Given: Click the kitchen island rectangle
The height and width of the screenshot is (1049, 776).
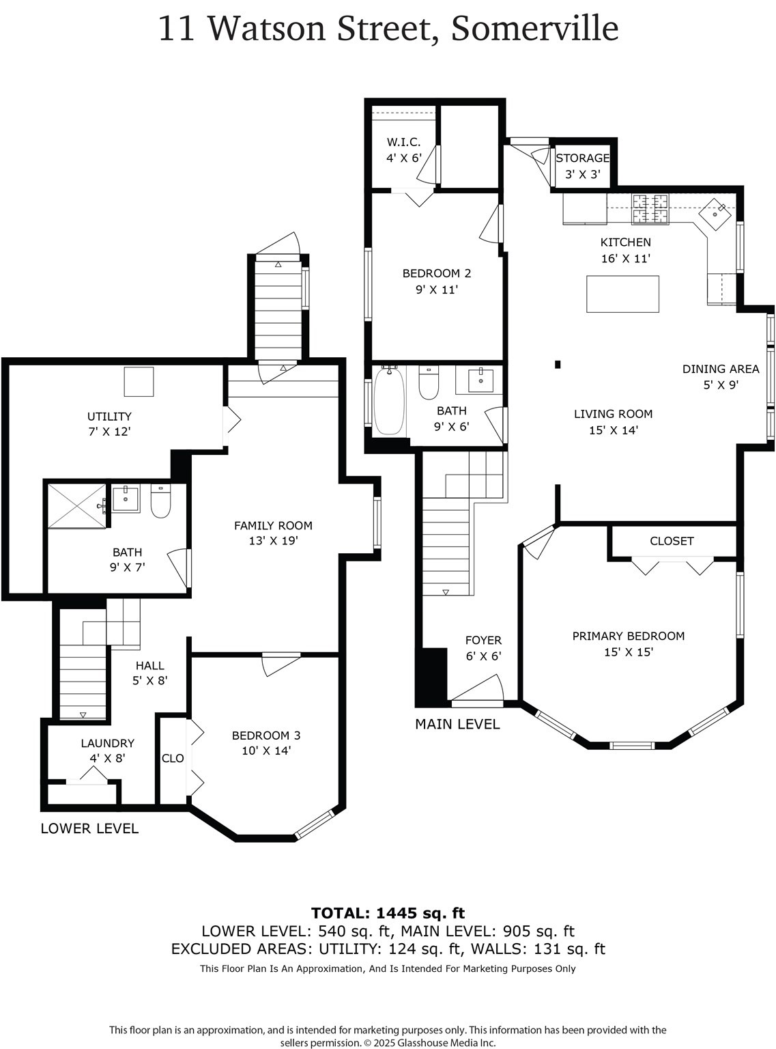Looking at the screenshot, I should [622, 294].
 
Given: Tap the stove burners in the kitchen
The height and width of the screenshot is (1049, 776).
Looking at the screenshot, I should [650, 209].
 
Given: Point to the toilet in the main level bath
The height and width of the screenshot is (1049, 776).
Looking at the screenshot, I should [429, 384].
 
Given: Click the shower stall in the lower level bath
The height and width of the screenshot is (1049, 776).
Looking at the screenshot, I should [76, 505].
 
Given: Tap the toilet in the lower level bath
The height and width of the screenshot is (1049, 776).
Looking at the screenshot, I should [160, 501].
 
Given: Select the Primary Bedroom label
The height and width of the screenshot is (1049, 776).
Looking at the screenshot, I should [628, 643].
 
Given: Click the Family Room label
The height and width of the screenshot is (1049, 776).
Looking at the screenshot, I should [273, 533].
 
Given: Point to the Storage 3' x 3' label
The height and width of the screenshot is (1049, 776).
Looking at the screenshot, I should [582, 166].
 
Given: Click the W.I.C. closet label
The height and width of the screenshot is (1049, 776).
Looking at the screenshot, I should [403, 150].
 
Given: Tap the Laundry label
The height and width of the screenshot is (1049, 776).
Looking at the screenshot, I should [108, 750].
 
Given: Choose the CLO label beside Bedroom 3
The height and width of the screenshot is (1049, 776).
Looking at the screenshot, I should [173, 758].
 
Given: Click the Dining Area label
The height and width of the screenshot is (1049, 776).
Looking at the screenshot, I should [721, 376].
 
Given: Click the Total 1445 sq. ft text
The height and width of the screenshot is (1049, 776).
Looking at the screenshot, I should [388, 913].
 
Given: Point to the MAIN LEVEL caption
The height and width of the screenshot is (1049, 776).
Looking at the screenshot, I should [457, 724].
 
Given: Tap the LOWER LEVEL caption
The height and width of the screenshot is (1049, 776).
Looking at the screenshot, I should [89, 828].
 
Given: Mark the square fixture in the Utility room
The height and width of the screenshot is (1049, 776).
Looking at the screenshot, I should [139, 381].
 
